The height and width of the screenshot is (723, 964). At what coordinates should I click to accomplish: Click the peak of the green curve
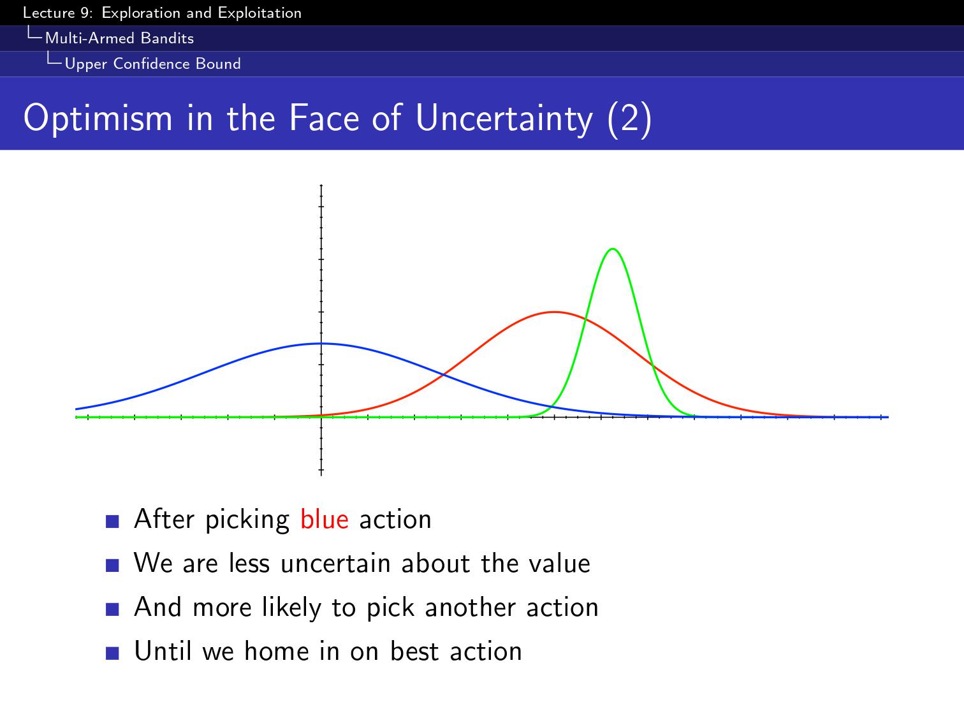click(x=613, y=249)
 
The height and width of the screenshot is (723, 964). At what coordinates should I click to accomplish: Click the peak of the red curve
click(x=555, y=312)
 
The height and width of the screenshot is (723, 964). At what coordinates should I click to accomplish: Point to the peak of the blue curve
click(x=321, y=343)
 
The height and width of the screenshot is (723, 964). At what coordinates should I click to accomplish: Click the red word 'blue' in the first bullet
click(x=325, y=520)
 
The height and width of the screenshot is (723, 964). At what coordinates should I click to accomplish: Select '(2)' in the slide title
click(x=630, y=119)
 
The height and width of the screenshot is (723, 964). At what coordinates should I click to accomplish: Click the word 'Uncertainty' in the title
click(x=504, y=119)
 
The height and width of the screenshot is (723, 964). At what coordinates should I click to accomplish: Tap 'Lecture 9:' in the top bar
click(x=58, y=13)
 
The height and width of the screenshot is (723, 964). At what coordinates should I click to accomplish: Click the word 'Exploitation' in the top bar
click(x=259, y=13)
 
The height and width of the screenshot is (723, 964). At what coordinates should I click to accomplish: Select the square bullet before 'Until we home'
click(x=112, y=654)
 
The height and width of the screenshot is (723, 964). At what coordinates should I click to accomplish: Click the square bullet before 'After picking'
click(x=112, y=521)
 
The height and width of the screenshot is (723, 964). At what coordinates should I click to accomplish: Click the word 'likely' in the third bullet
click(x=291, y=608)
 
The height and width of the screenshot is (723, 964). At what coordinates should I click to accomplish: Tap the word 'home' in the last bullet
click(x=276, y=651)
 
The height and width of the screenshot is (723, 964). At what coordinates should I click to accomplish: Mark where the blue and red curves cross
click(x=444, y=375)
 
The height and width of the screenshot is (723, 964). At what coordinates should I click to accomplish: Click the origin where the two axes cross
click(x=321, y=417)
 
